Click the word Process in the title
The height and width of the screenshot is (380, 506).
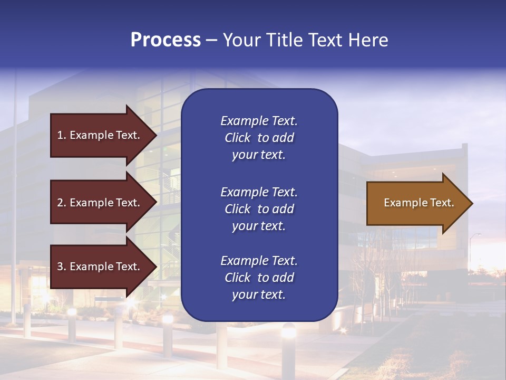(x=166, y=40)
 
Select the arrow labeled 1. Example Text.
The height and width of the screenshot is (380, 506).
(x=100, y=135)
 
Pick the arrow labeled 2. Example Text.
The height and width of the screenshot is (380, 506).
(x=100, y=203)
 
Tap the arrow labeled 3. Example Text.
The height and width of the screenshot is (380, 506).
(x=100, y=267)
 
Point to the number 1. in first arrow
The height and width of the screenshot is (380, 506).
(x=62, y=135)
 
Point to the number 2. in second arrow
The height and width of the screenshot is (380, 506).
(x=62, y=203)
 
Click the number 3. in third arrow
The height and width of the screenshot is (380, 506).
(x=62, y=267)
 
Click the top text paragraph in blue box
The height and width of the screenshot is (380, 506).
(x=259, y=138)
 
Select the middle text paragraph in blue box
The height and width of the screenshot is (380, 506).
(x=259, y=209)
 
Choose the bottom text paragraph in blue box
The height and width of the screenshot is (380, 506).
(x=259, y=278)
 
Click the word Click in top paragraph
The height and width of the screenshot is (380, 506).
(x=237, y=138)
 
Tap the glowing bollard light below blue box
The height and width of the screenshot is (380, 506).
(x=288, y=331)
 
